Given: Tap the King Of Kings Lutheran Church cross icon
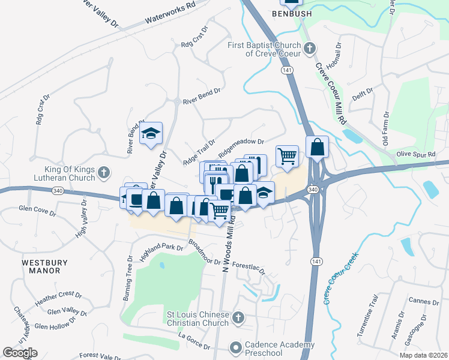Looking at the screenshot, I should pyautogui.click(x=104, y=173).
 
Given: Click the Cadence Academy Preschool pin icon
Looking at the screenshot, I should pyautogui.click(x=235, y=347).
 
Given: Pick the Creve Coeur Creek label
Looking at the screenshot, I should pyautogui.click(x=340, y=278).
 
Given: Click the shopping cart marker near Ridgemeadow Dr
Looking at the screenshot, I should pyautogui.click(x=288, y=155).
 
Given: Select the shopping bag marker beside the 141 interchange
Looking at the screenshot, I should pyautogui.click(x=317, y=146).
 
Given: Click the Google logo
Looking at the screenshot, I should pyautogui.click(x=20, y=353).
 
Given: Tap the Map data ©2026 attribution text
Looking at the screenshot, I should pyautogui.click(x=423, y=355).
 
